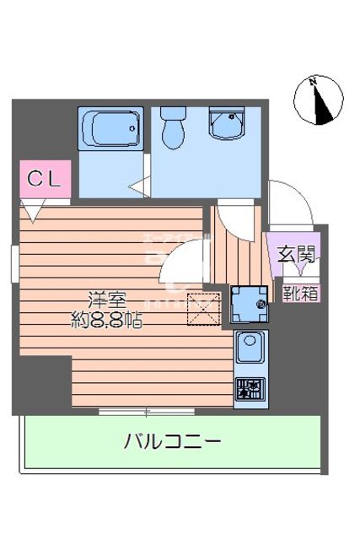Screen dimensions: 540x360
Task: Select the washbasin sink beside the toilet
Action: [225, 127]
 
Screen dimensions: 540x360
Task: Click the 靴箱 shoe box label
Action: [300, 294]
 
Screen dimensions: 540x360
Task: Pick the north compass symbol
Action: [318, 100]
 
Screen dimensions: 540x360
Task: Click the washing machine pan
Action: [250, 304]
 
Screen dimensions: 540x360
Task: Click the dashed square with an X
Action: [202, 307]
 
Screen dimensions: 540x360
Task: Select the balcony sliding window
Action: [148, 411]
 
